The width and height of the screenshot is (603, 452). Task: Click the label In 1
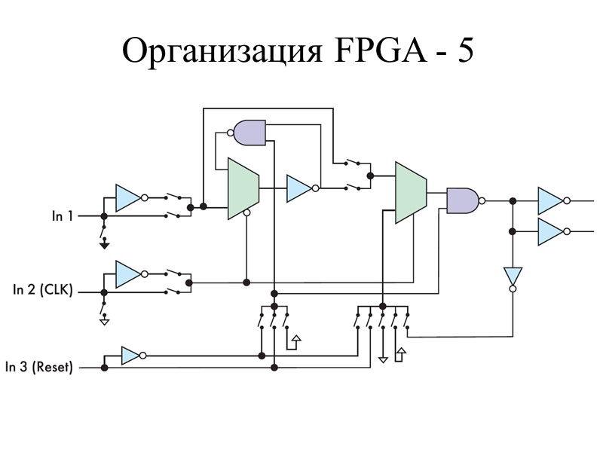pyautogui.click(x=62, y=216)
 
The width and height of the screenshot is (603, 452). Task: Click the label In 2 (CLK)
pyautogui.click(x=43, y=289)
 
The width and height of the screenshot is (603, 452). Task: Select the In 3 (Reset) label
pyautogui.click(x=39, y=368)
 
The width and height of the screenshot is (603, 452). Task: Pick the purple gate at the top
pyautogui.click(x=249, y=133)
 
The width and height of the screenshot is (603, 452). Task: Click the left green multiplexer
pyautogui.click(x=243, y=188)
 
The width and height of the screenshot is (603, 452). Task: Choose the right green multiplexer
pyautogui.click(x=411, y=192)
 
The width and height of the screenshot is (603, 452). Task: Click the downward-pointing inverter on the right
pyautogui.click(x=513, y=276)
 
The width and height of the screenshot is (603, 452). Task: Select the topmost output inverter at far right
pyautogui.click(x=550, y=200)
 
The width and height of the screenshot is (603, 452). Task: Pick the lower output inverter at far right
pyautogui.click(x=550, y=232)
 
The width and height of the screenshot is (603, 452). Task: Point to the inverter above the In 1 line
pyautogui.click(x=127, y=197)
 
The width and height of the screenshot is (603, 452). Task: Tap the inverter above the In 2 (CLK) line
pyautogui.click(x=127, y=273)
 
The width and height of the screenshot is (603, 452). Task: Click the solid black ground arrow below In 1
pyautogui.click(x=104, y=243)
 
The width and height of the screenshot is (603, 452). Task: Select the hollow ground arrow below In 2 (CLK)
pyautogui.click(x=104, y=321)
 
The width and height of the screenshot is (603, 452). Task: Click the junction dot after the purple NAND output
pyautogui.click(x=513, y=200)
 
